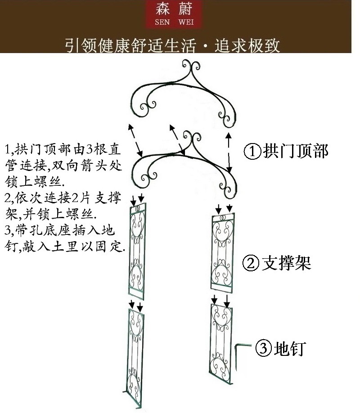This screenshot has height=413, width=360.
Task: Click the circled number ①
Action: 252,151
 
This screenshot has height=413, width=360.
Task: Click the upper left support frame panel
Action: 138,252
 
